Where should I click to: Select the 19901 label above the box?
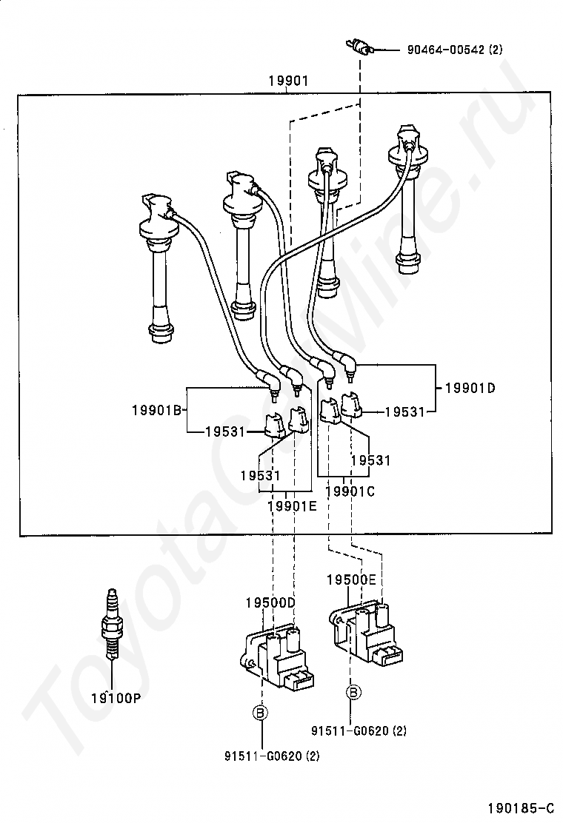pyautogui.click(x=288, y=81)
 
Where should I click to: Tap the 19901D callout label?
pyautogui.click(x=470, y=388)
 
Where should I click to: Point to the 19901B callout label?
pyautogui.click(x=156, y=410)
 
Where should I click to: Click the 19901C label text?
pyautogui.click(x=350, y=492)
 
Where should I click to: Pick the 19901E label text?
pyautogui.click(x=292, y=506)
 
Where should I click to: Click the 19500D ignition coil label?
pyautogui.click(x=270, y=602)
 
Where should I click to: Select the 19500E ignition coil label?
pyautogui.click(x=351, y=580)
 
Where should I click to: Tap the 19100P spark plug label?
pyautogui.click(x=116, y=698)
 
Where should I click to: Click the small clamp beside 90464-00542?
pyautogui.click(x=360, y=47)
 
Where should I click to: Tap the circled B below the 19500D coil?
pyautogui.click(x=260, y=712)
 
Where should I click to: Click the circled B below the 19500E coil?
pyautogui.click(x=353, y=693)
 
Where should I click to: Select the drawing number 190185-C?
pyautogui.click(x=521, y=807)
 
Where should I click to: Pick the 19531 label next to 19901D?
pyautogui.click(x=404, y=412)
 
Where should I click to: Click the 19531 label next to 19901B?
pyautogui.click(x=225, y=431)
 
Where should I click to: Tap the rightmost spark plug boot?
pyautogui.click(x=409, y=199)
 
